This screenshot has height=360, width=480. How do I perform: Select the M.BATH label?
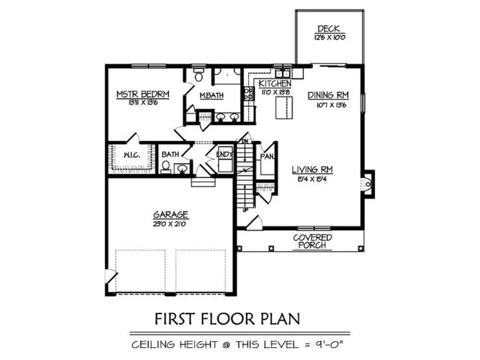coord(211,96)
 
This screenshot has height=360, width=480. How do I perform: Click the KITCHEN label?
coord(271,83)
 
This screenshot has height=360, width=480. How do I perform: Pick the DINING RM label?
coord(328,96)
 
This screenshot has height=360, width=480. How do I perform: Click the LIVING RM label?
coord(312,170)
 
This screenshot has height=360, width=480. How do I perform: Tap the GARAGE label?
coord(171,215)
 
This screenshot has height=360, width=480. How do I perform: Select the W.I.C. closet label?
coord(130,155)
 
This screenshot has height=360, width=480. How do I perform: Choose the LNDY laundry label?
coord(223,154)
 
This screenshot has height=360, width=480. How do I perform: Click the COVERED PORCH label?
coord(313,241)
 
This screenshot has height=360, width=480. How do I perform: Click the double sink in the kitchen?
coord(283,74)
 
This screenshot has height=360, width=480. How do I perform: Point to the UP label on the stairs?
coord(245,210)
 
